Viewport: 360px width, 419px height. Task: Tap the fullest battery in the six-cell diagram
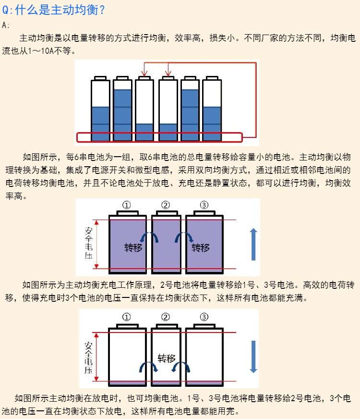pyautogui.click(x=122, y=110)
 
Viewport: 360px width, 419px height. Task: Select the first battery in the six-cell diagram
pyautogui.click(x=100, y=110)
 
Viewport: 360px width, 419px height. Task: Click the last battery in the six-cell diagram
pyautogui.click(x=212, y=110)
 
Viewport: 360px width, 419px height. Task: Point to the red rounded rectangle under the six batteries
pyautogui.click(x=160, y=137)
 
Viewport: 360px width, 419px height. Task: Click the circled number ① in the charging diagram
pyautogui.click(x=127, y=205)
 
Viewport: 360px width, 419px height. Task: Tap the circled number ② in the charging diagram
pyautogui.click(x=166, y=205)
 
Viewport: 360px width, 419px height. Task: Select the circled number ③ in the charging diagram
pyautogui.click(x=204, y=205)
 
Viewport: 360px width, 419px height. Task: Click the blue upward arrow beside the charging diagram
pyautogui.click(x=253, y=245)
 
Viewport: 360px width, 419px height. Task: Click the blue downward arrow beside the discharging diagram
pyautogui.click(x=253, y=357)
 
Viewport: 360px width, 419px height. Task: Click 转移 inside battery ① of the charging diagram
pyautogui.click(x=133, y=248)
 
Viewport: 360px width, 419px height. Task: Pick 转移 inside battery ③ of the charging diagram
pyautogui.click(x=201, y=248)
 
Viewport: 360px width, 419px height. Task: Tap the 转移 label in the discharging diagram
pyautogui.click(x=167, y=358)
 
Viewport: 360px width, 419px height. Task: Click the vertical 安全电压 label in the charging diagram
pyautogui.click(x=88, y=244)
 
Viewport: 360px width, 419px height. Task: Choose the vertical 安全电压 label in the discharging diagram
pyautogui.click(x=89, y=357)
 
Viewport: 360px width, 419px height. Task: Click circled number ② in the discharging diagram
pyautogui.click(x=166, y=317)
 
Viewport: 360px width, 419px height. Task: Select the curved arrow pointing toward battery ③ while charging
pyautogui.click(x=184, y=237)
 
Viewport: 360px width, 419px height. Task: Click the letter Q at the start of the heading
pyautogui.click(x=6, y=10)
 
